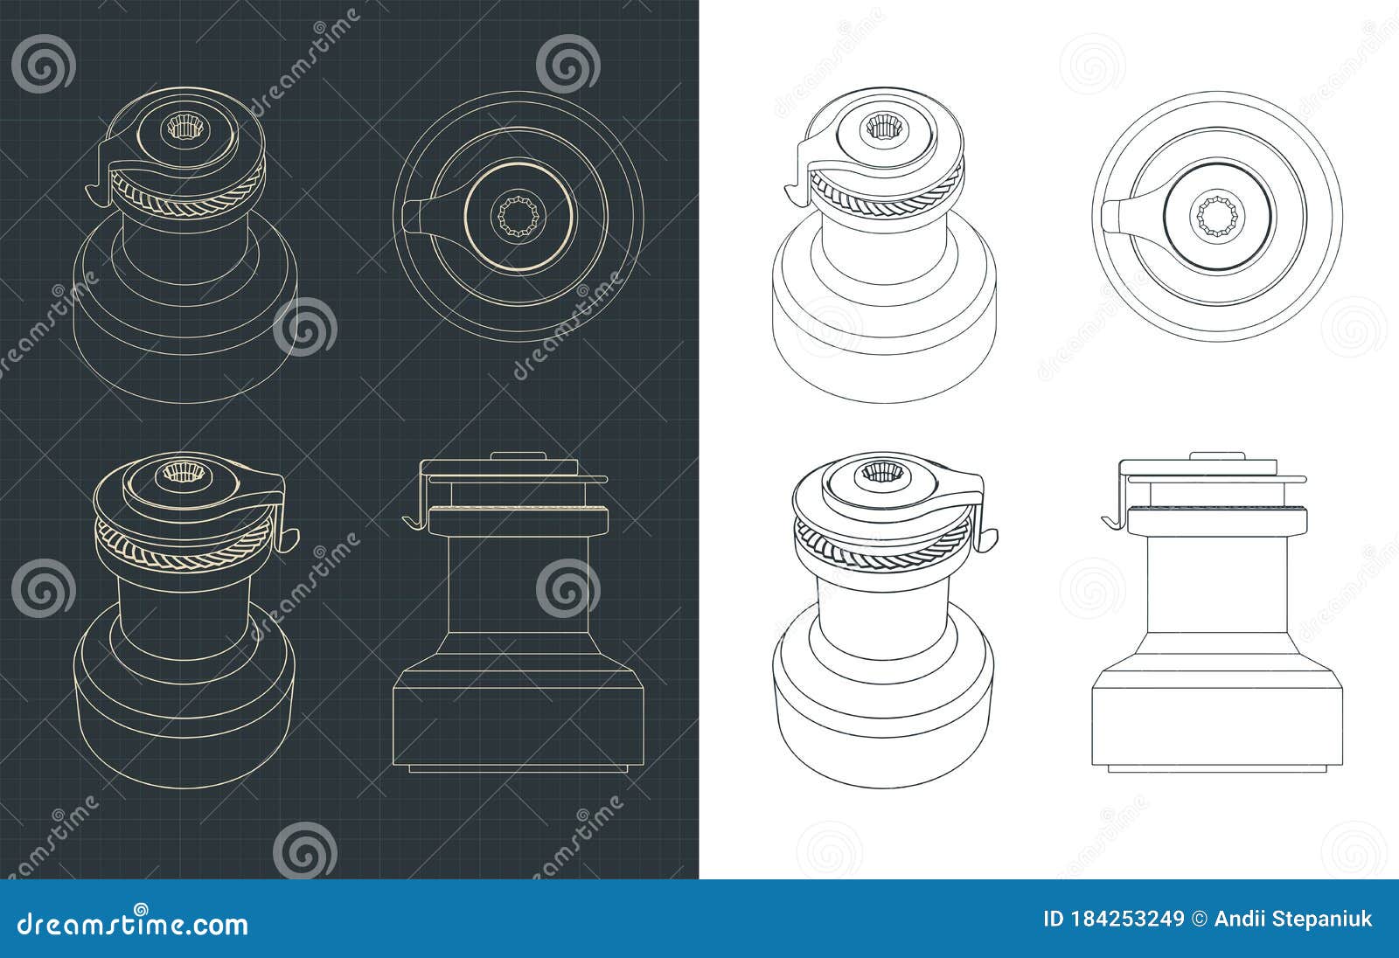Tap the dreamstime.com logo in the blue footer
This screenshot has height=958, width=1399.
(x=129, y=923)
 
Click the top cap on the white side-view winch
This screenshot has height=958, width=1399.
(x=1217, y=456)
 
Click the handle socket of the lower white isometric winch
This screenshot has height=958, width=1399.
(x=878, y=474)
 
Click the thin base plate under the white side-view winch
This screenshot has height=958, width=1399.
(x=1217, y=768)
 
